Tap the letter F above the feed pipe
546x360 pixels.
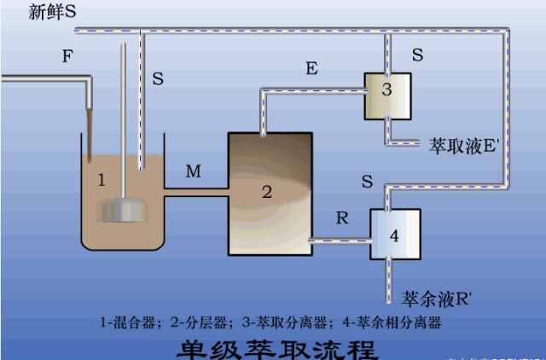click(x=67, y=56)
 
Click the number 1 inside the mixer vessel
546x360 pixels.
click(x=101, y=180)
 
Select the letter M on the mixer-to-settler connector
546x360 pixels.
click(x=194, y=172)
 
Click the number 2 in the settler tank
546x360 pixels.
click(x=267, y=192)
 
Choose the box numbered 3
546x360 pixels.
click(x=387, y=95)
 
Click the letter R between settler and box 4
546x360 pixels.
click(x=342, y=218)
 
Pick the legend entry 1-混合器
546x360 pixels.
click(x=129, y=323)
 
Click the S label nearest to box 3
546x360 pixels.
click(x=417, y=55)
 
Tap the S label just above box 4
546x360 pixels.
click(x=366, y=182)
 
